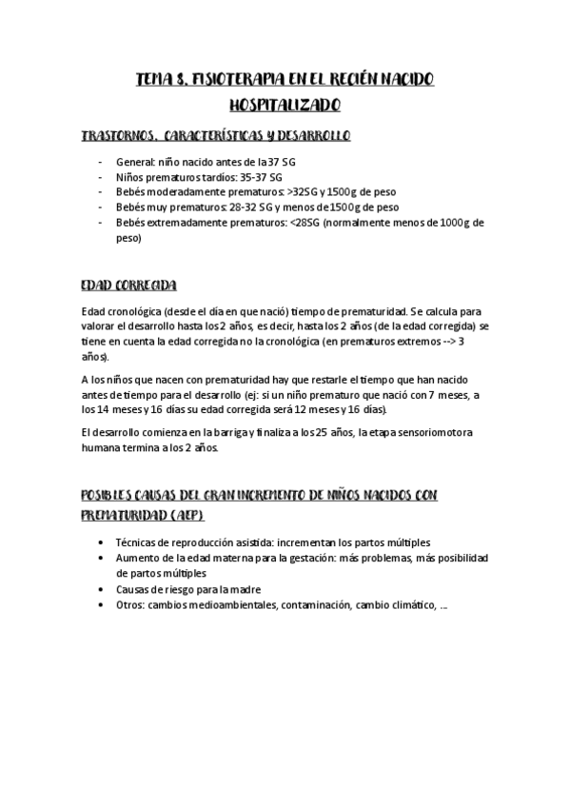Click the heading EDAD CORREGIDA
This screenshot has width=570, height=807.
pyautogui.click(x=127, y=285)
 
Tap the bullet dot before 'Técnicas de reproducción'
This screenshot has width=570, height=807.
pyautogui.click(x=102, y=541)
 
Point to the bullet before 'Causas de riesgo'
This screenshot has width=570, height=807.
pyautogui.click(x=102, y=589)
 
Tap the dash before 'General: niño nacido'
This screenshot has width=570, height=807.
pyautogui.click(x=102, y=162)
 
